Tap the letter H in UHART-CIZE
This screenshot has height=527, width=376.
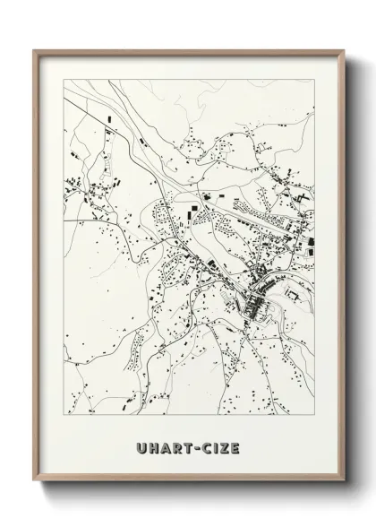click(153, 446)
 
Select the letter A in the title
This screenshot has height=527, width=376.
click(165, 446)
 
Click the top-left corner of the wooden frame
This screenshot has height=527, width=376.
click(35, 49)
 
